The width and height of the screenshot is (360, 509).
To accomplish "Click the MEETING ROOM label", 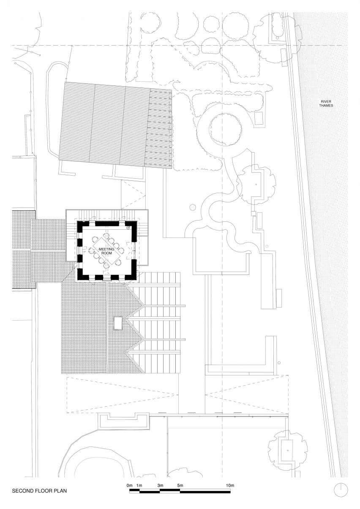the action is click(x=106, y=251).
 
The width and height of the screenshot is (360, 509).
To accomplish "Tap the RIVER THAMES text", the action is click(x=326, y=103).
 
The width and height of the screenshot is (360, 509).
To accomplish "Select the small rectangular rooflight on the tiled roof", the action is click(x=118, y=323).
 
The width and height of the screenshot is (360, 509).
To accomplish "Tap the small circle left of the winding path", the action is click(x=192, y=207).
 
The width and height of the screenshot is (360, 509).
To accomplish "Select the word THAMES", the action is click(x=326, y=106).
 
